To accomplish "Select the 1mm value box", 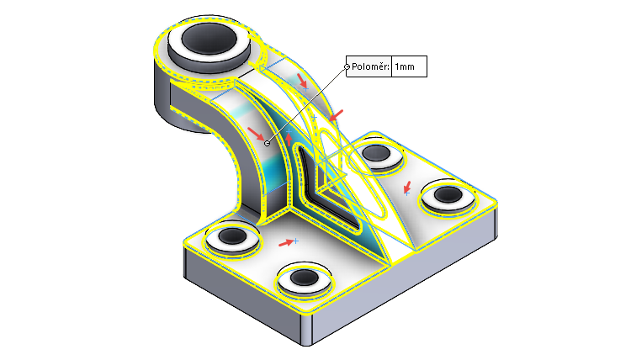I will coord(410,66).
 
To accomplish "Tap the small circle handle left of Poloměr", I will coord(347,66).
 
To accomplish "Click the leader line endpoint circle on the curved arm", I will coord(268,143).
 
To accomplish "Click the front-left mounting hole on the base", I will coord(233,238).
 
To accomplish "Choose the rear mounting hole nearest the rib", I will coord(374,154).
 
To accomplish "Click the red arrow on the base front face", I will coord(287,243).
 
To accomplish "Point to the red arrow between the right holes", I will coord(407,188).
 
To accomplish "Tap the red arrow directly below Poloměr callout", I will coord(337,114).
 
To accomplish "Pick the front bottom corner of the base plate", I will coord(310,341).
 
